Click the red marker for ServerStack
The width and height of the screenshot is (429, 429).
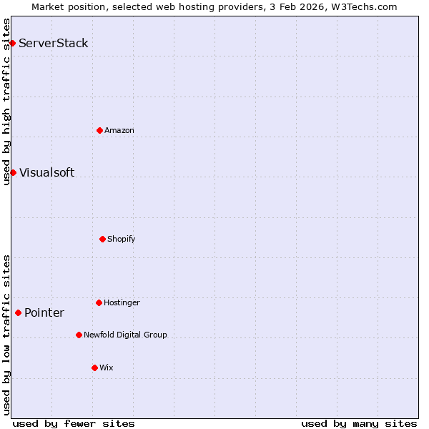(x=12, y=44)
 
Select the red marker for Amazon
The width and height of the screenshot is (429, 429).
(x=99, y=130)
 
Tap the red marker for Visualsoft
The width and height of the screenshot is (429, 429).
(x=13, y=172)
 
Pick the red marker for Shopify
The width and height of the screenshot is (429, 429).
(x=102, y=239)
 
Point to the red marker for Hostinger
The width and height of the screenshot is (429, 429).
(x=99, y=302)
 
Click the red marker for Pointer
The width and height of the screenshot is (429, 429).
(x=18, y=312)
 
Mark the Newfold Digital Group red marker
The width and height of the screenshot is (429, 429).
(x=79, y=335)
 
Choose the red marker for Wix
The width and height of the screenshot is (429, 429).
(x=94, y=368)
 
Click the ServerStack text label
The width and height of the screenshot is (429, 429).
(x=54, y=44)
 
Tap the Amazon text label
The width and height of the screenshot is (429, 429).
(x=119, y=130)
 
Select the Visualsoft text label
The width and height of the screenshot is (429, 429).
(x=46, y=172)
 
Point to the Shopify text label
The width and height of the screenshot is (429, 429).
(x=122, y=239)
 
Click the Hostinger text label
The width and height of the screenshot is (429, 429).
(x=122, y=302)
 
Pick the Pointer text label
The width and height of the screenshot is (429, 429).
(x=44, y=312)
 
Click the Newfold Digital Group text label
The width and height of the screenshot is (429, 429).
(x=125, y=335)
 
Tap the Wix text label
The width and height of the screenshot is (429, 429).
(x=107, y=368)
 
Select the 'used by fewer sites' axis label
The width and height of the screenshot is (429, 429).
(x=74, y=423)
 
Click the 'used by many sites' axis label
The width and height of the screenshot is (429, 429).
(x=359, y=423)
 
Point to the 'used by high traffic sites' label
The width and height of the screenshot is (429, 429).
(x=6, y=102)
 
